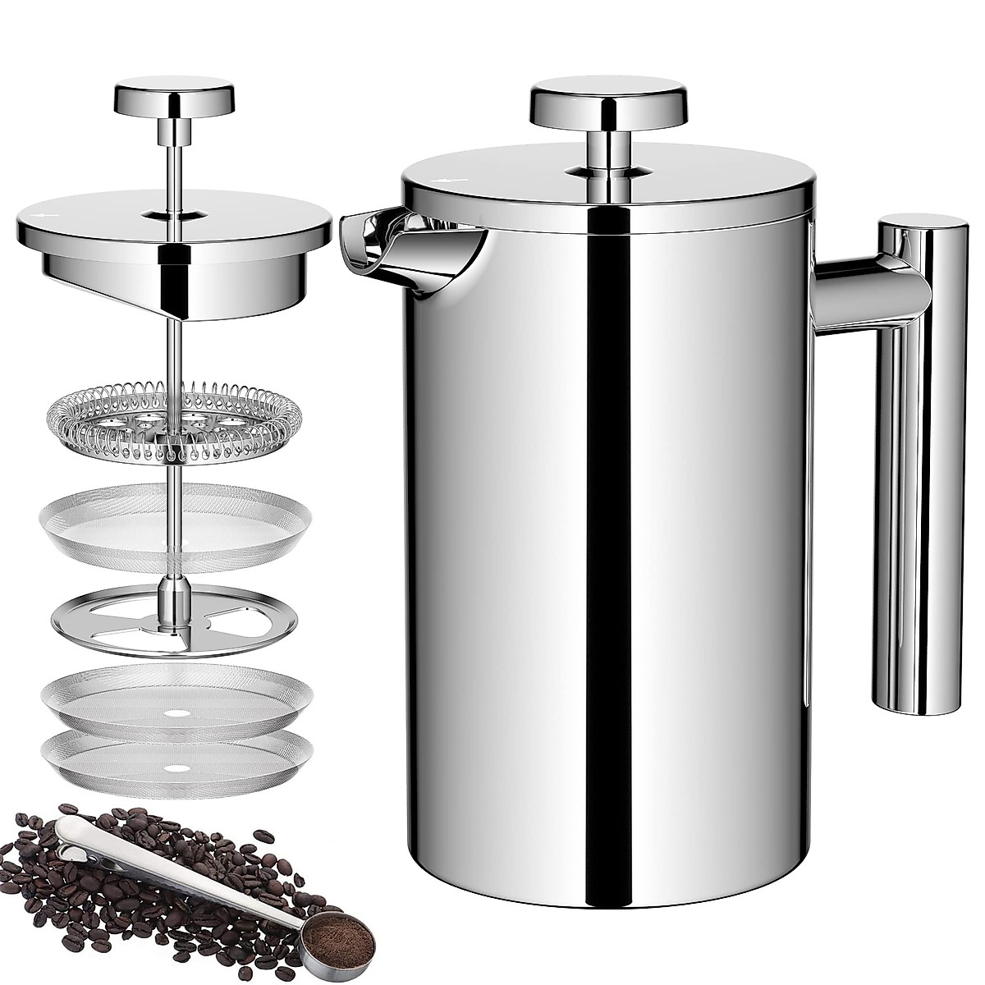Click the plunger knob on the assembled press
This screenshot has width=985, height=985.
tap(608, 102)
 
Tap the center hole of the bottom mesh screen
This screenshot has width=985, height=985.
tap(174, 768)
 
